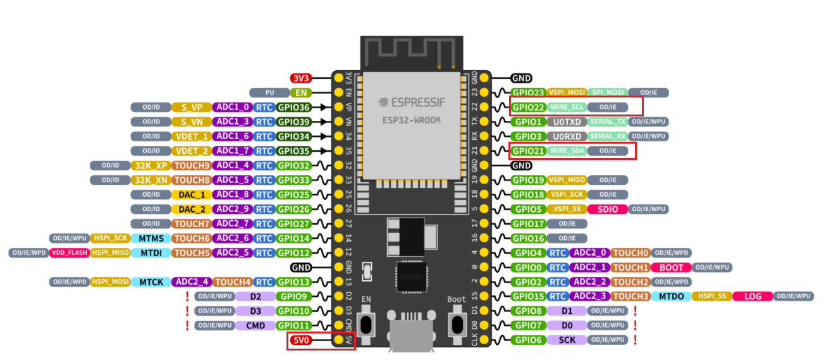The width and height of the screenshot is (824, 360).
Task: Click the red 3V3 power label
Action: coord(301,78)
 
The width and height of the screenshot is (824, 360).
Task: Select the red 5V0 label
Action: coord(301,340)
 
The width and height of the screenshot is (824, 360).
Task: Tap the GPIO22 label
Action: coord(528,107)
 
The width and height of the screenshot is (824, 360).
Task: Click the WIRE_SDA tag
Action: coord(567,151)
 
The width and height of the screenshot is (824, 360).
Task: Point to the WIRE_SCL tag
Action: coord(567,107)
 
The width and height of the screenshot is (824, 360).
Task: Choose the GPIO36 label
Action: coord(294,108)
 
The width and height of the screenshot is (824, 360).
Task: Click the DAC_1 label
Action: coord(192,195)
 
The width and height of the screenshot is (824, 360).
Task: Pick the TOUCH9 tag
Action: coord(192,166)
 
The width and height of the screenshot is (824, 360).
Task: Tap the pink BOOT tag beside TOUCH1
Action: coord(671,268)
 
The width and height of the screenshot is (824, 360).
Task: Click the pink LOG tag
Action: coord(753,296)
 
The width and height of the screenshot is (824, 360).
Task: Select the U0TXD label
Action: coord(567,121)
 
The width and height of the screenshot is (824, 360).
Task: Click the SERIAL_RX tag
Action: coord(608,136)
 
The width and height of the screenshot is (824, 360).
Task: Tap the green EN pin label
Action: coord(302,93)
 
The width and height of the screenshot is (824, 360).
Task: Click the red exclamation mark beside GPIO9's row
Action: coord(188,296)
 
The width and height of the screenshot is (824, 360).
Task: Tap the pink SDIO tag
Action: coord(607,209)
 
